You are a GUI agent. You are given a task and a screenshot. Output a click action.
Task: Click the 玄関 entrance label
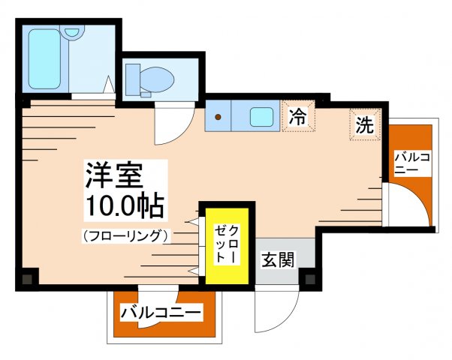point(277,259)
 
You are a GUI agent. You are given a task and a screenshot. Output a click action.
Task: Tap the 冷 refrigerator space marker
point(298,116)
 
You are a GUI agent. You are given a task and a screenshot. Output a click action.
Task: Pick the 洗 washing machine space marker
point(363,124)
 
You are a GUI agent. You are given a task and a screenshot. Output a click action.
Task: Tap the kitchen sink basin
point(261,116)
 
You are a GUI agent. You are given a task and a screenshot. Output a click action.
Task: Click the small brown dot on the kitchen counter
point(218,116)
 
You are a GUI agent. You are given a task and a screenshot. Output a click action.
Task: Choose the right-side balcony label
point(411,163)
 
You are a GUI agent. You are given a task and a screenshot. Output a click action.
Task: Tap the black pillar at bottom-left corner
point(27,277)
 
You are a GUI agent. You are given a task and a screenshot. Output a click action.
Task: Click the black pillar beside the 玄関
point(309,278)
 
